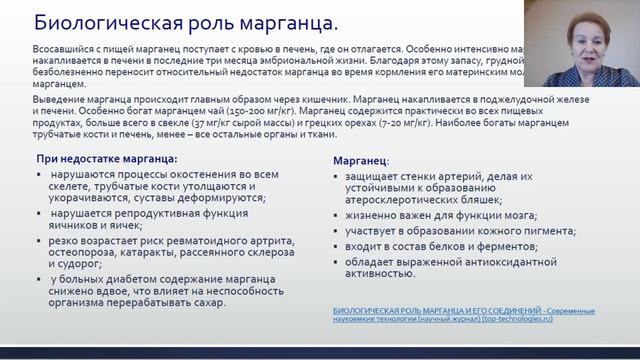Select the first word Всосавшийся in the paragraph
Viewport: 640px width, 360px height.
tap(64, 48)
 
